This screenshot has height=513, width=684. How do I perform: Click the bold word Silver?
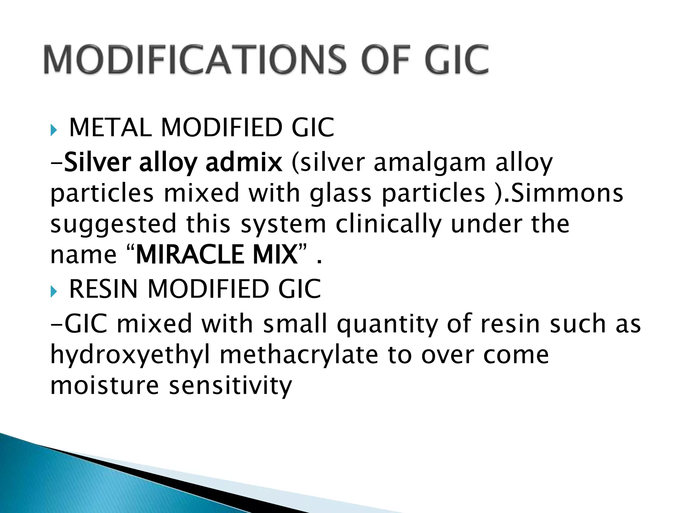point(98,163)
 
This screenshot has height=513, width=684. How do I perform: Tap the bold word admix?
point(243,163)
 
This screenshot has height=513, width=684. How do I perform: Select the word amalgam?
point(430,163)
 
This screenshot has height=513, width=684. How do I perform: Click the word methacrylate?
point(299,355)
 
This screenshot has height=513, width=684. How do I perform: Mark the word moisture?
point(105,385)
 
